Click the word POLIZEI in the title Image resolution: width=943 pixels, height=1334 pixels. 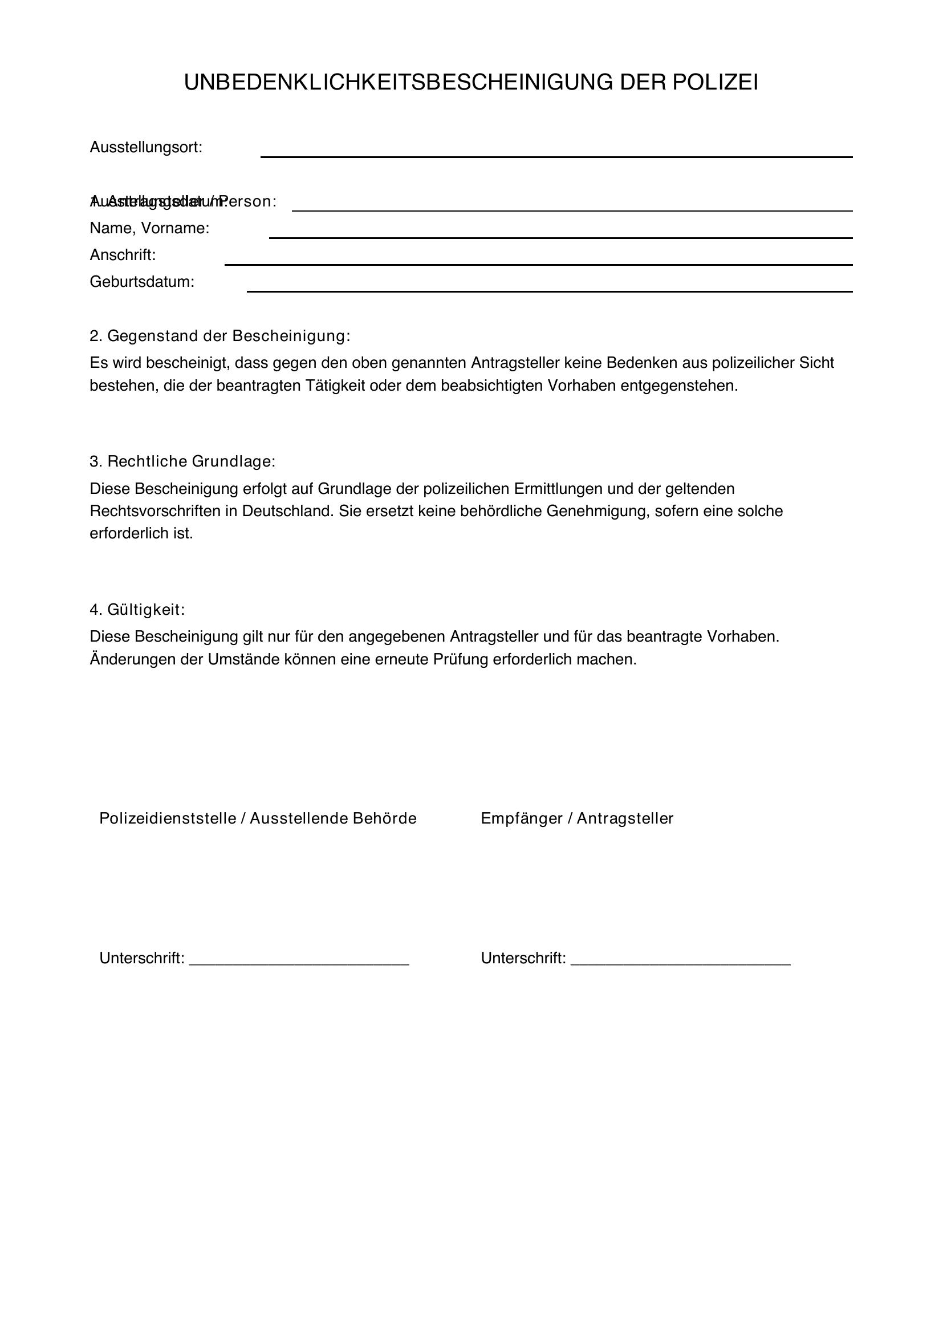pos(715,83)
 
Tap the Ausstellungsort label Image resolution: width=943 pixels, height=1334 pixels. pos(146,148)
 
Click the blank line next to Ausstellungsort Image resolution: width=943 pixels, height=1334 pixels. pos(556,156)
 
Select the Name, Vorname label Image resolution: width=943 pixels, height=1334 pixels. pos(149,228)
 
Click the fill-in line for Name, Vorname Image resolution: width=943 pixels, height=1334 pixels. pos(560,237)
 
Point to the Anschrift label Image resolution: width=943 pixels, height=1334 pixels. pos(123,255)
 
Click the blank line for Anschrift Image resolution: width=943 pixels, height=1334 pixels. pos(538,264)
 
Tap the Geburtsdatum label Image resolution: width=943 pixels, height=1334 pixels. pos(142,282)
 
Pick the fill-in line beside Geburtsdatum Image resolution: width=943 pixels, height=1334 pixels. pos(549,290)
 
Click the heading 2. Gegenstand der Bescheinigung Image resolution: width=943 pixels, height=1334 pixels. pos(220,336)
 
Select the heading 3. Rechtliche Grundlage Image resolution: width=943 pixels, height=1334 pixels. pos(182,461)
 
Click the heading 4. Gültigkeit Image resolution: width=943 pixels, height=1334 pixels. pos(137,610)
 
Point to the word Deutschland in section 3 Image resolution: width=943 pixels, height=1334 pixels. pos(287,511)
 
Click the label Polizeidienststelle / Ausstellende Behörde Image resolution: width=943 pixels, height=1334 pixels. pos(258,818)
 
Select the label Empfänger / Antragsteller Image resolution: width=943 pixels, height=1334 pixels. pos(576,818)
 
